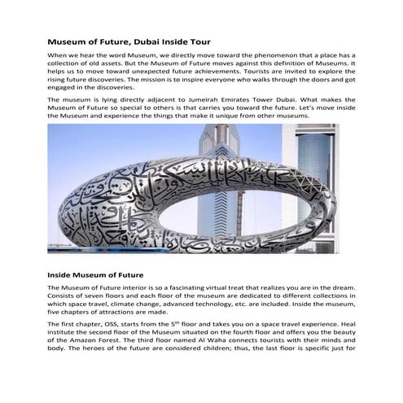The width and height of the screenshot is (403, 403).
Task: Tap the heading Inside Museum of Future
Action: tap(95, 274)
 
